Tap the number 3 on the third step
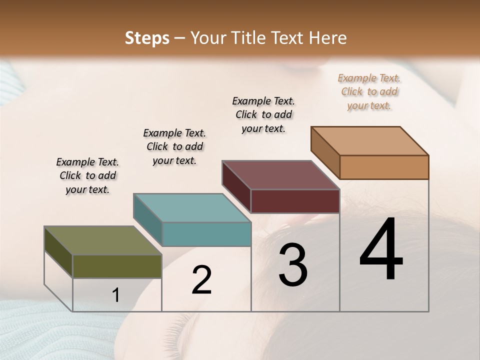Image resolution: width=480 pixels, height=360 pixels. pos(292,265)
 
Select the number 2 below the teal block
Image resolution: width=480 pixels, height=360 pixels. pos(201,280)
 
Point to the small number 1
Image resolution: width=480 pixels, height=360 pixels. pos(115,295)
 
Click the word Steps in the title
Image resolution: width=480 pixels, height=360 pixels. pos(147,38)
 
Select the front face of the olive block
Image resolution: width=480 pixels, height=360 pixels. pos(117,266)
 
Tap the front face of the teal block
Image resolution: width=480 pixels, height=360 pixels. pos(206,234)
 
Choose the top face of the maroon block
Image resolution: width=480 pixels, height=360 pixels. pos(280,175)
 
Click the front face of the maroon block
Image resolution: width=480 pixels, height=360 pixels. pos(295,201)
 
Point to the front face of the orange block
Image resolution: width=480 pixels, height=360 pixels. pos(384,167)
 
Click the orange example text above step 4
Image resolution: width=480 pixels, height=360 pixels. pos(369,92)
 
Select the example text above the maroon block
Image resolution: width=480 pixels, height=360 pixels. pos(263,114)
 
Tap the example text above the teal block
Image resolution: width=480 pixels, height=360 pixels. pos(174,146)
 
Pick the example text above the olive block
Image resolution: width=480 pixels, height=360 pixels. pos(87,175)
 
